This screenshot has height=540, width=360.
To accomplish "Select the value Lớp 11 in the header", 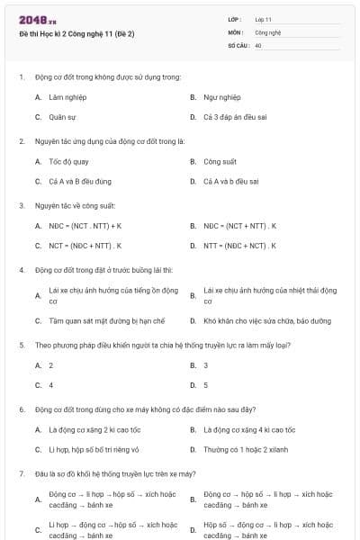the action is click(x=263, y=19).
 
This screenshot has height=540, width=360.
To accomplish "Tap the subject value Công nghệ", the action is click(x=267, y=31).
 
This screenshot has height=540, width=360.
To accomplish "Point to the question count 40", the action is click(x=258, y=44).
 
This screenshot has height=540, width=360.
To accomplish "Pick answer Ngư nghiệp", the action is click(x=221, y=96).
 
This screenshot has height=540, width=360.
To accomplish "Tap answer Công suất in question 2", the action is click(x=220, y=161).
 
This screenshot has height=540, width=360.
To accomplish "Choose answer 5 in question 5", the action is click(x=206, y=385).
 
